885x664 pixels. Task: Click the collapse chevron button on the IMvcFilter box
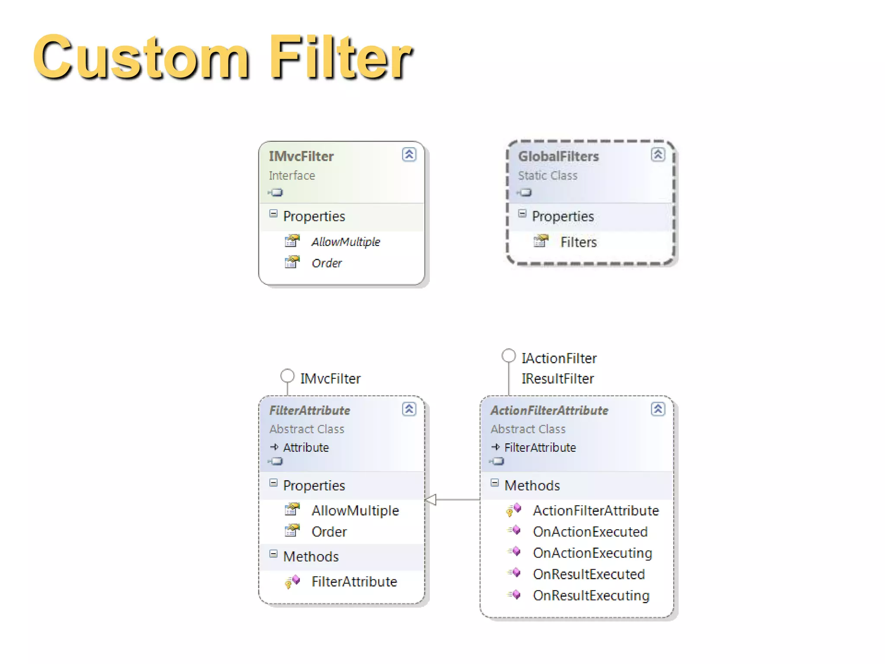[409, 154]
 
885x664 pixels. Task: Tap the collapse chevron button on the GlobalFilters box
[658, 154]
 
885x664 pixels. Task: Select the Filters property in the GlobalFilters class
[578, 242]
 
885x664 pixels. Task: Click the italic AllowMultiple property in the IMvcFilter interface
[346, 242]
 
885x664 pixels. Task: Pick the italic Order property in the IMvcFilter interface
[327, 263]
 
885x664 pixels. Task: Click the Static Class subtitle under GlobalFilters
[548, 176]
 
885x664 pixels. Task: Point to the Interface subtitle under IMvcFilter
[292, 176]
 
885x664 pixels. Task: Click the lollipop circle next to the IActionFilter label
[509, 356]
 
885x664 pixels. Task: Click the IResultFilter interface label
[557, 379]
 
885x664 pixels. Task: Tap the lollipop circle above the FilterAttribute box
[287, 376]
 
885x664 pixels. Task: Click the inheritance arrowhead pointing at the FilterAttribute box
[431, 500]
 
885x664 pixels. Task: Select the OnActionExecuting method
[592, 553]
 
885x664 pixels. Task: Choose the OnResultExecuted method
[589, 574]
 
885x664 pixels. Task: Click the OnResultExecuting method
[591, 595]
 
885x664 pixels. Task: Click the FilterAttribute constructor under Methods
[354, 581]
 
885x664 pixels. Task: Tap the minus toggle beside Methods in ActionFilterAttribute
[495, 483]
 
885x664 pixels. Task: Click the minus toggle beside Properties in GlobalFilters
[522, 214]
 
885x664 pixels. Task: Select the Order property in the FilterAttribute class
[329, 532]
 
